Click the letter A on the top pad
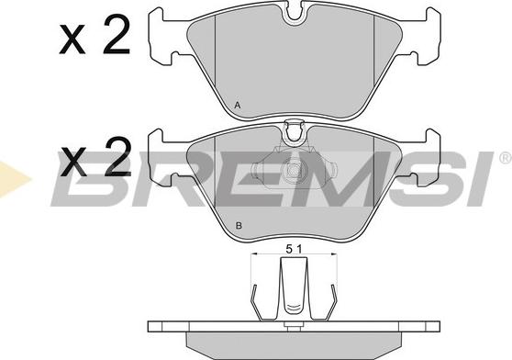(x=238, y=106)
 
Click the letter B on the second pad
(x=239, y=225)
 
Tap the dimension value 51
(x=294, y=249)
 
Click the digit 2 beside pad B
(x=117, y=156)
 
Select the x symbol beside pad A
(x=72, y=39)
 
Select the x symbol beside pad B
(x=74, y=163)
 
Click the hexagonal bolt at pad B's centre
(x=293, y=170)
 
